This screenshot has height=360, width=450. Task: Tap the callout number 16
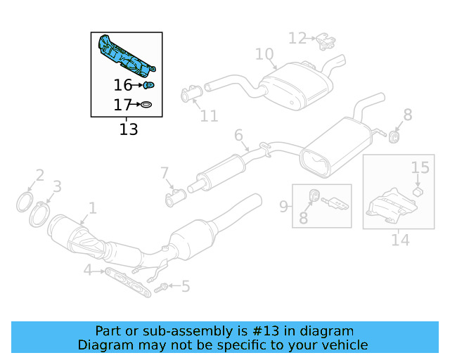tap(123, 86)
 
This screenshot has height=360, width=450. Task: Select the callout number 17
tap(123, 106)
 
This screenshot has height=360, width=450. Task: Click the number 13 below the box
tap(129, 129)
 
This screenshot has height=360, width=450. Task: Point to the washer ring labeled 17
tap(146, 106)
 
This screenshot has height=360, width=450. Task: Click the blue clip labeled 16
tap(149, 86)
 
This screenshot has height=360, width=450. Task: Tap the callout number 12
tap(297, 38)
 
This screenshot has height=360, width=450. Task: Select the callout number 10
tap(264, 54)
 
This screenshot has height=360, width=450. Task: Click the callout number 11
tap(210, 115)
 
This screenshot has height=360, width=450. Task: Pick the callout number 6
tap(238, 135)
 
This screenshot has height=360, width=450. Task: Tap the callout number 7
tap(165, 172)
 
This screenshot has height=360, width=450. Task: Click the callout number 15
tap(420, 167)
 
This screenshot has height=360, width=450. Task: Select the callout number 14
tap(400, 240)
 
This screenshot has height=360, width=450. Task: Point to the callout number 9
tap(283, 206)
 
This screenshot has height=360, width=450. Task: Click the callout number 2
tap(40, 175)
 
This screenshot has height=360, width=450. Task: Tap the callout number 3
tap(58, 186)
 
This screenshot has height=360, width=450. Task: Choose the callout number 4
tap(87, 270)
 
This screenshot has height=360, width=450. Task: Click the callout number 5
tap(185, 286)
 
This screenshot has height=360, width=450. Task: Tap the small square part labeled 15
tap(416, 191)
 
